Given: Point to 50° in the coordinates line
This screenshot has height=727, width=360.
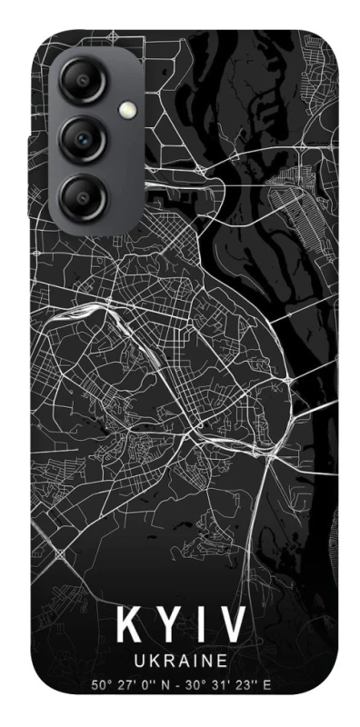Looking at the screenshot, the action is [x=102, y=684].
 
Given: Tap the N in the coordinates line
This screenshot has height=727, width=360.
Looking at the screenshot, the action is [x=169, y=684].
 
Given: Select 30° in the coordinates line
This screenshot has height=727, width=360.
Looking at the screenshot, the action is [x=198, y=684].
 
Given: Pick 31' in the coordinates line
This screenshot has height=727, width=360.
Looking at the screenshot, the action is [x=223, y=684].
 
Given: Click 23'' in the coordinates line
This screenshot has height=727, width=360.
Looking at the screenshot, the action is [x=246, y=684].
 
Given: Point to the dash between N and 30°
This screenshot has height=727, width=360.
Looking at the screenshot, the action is [x=182, y=684].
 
